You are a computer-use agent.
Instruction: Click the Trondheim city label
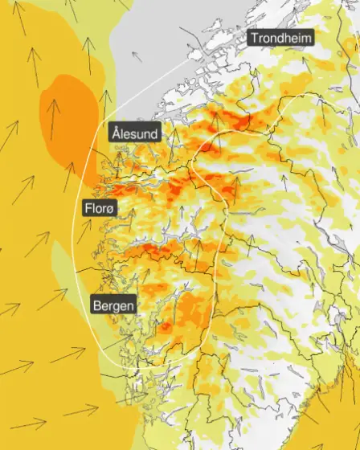coord(280,38)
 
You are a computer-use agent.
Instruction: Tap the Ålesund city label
coord(135,133)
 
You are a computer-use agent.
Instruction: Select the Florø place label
coord(100,209)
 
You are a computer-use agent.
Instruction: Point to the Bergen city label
coord(113,305)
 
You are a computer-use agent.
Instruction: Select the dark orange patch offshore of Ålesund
coord(72,121)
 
